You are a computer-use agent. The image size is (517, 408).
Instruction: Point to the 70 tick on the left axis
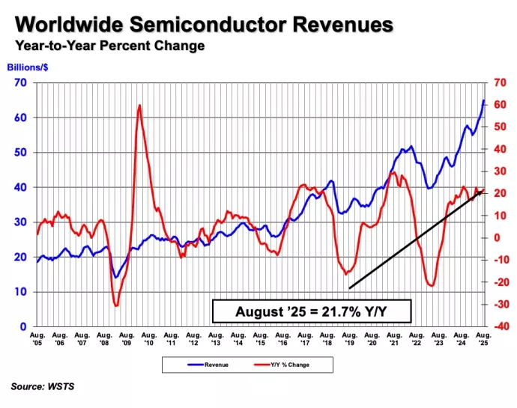coord(22,82)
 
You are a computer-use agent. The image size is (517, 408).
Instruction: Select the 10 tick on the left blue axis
coord(22,292)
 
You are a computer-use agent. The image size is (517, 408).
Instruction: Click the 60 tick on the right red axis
coord(500,106)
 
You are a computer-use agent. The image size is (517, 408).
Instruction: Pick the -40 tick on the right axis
coord(501,326)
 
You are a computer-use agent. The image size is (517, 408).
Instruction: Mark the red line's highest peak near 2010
coord(140,106)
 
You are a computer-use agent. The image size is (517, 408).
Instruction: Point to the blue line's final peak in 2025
coord(484,100)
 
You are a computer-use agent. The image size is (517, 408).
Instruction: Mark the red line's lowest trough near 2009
coord(116,305)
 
